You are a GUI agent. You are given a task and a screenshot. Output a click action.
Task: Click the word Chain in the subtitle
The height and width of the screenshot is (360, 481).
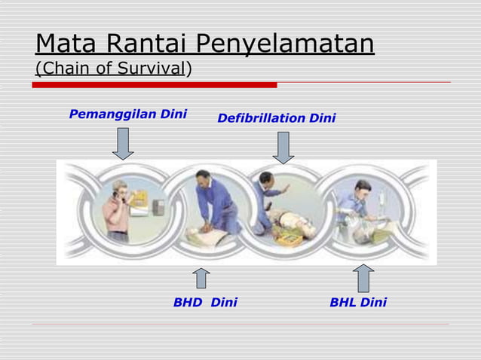coord(61,69)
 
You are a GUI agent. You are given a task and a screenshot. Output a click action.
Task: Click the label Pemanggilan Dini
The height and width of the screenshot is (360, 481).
coord(127,114)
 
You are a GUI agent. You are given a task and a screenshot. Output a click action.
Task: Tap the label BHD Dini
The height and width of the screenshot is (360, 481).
coord(205,302)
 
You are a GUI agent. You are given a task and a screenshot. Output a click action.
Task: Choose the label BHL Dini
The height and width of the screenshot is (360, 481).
coord(358,302)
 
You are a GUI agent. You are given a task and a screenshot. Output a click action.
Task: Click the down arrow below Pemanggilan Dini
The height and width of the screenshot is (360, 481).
coord(123,143)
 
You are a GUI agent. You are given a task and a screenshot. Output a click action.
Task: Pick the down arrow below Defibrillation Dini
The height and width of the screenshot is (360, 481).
coord(283,147)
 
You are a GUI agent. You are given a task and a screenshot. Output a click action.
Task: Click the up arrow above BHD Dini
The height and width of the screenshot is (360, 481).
coord(201,278)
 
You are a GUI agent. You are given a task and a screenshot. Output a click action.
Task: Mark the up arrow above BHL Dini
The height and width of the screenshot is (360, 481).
coord(363,278)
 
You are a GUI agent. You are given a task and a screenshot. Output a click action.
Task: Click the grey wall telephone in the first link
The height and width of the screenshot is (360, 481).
coord(158,206)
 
